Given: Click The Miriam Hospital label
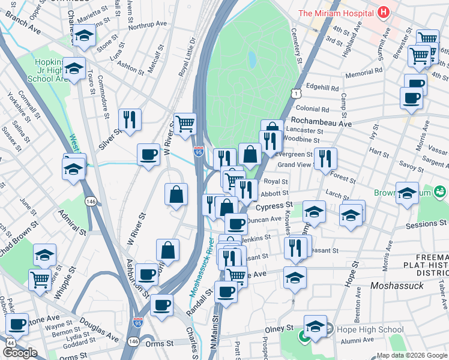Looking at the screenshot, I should pos(336,13).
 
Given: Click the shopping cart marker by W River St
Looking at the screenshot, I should pos(185,123).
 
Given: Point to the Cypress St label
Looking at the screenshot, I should pos(274,206).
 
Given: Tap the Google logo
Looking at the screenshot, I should pos(20,353).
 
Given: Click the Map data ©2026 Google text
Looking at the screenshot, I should pos(411,355).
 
